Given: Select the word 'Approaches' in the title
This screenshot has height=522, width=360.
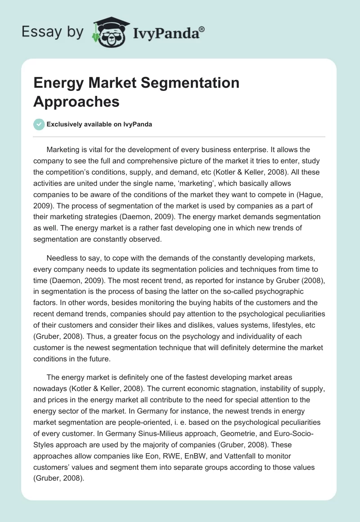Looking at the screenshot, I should click(x=76, y=101).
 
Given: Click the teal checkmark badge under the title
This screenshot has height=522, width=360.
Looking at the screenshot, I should click(x=39, y=124).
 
